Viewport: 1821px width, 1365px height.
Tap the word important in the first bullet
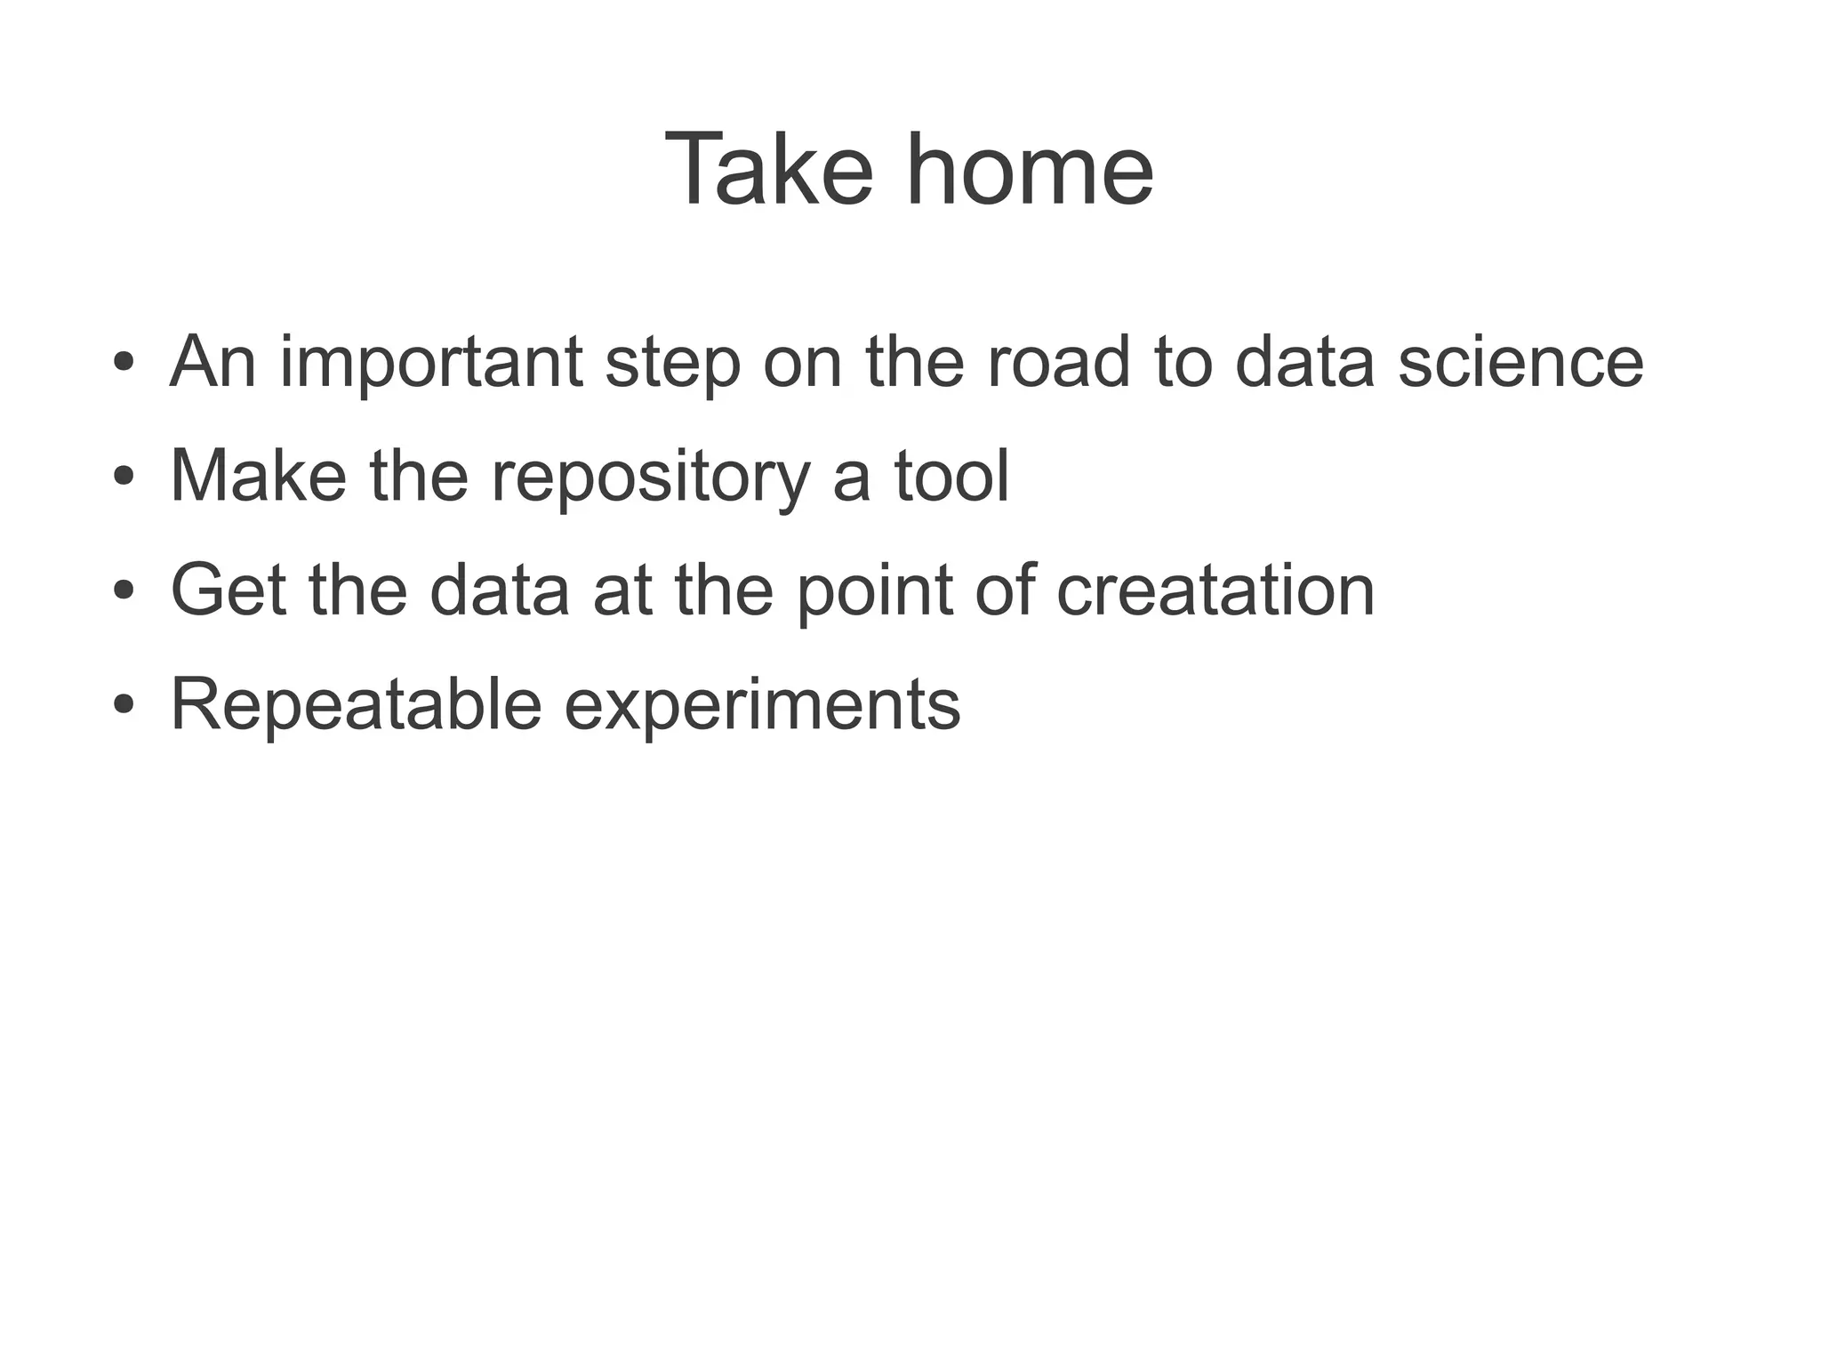(431, 363)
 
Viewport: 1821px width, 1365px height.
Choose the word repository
(650, 477)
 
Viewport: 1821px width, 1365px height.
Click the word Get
(228, 590)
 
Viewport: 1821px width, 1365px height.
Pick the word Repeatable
(356, 704)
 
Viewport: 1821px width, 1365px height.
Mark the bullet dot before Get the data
(124, 590)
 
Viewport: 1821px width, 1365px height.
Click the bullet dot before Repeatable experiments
(124, 705)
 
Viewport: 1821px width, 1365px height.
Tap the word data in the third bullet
(499, 590)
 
